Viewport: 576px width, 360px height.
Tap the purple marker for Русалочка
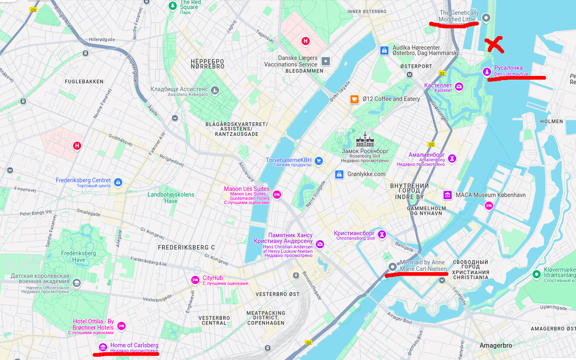point(487,72)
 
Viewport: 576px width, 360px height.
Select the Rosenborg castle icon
point(361,140)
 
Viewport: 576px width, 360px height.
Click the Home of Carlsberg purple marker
point(103,347)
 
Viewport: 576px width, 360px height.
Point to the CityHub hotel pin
point(195,280)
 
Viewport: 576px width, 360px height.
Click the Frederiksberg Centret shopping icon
point(119,182)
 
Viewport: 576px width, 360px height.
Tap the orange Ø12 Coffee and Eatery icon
point(354,99)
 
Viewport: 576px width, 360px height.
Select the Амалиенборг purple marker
point(452,158)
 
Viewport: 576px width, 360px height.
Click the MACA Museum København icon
point(447,195)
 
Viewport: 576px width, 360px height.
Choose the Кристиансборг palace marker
point(382,235)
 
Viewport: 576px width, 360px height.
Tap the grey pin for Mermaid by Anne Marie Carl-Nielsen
point(392,267)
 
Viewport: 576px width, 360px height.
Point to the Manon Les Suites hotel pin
point(276,194)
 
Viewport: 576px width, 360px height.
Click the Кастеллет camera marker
point(459,86)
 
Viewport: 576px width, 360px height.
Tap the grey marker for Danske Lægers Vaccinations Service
point(326,61)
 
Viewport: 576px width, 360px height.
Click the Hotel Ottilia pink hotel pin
point(121,326)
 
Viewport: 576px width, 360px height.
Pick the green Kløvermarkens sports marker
point(536,274)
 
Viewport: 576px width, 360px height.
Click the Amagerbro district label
point(495,346)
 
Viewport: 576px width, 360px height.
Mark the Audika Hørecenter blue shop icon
point(384,50)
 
